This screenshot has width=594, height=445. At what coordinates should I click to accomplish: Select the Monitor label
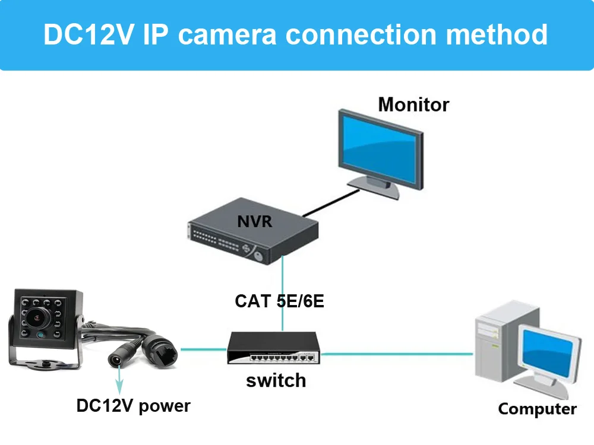click(413, 104)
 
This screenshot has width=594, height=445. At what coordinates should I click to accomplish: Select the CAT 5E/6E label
click(279, 301)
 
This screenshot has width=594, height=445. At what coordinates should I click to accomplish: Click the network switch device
click(273, 349)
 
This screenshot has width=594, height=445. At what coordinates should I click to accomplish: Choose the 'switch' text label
click(276, 380)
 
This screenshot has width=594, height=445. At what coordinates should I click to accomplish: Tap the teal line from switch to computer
click(398, 354)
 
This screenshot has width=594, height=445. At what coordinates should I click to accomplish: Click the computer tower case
click(496, 344)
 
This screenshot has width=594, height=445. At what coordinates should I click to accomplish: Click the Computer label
click(537, 409)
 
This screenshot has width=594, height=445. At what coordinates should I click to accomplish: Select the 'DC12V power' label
click(133, 406)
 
